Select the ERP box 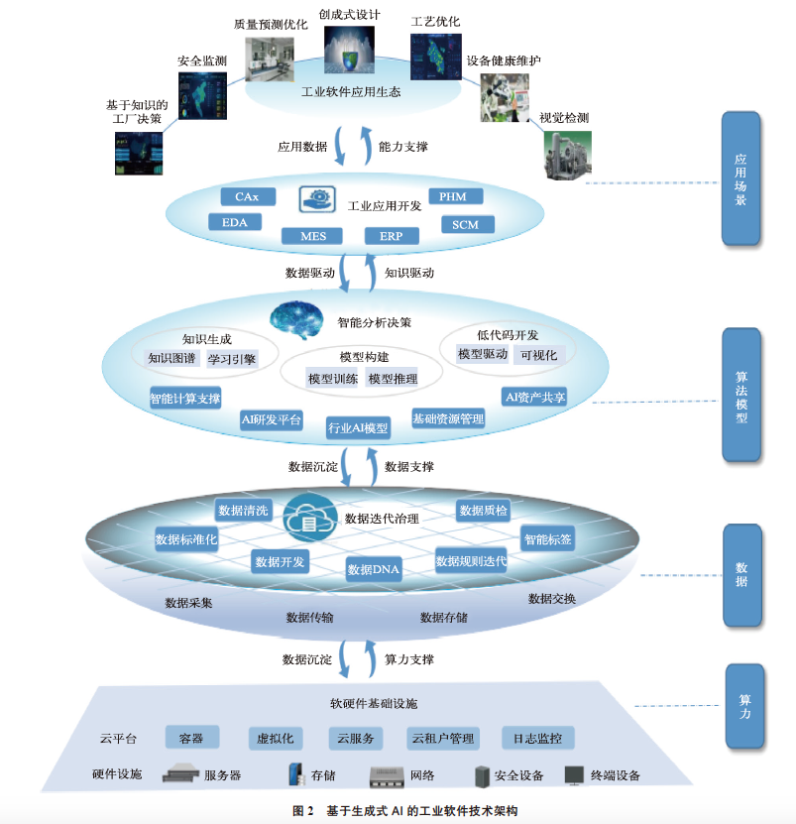(392, 236)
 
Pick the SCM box (465, 225)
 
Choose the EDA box (235, 222)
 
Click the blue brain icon (297, 317)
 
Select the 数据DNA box (373, 570)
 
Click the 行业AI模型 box (359, 428)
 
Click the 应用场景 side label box (740, 178)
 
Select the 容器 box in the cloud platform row (191, 739)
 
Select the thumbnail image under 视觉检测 (566, 155)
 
